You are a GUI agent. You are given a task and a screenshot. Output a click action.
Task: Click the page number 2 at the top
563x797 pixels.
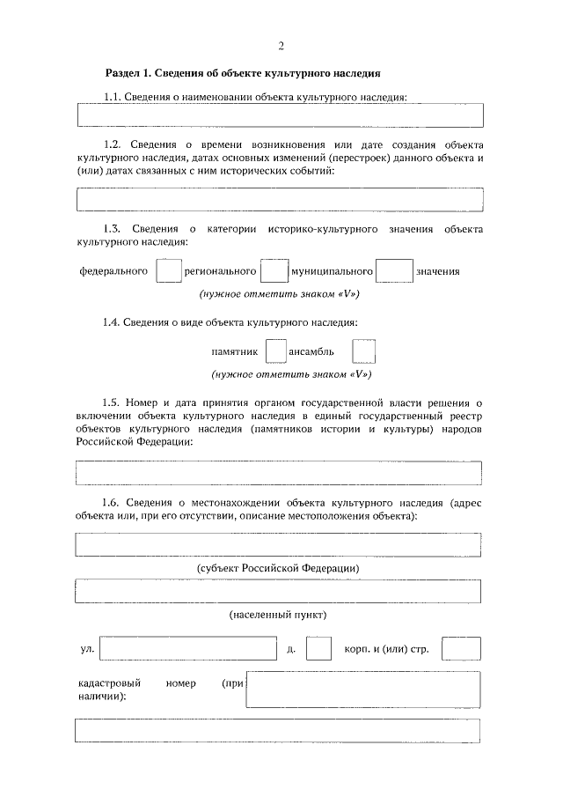281,46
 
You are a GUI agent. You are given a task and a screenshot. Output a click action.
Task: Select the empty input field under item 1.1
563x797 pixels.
280,116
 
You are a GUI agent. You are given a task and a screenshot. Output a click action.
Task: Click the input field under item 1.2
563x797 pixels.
280,200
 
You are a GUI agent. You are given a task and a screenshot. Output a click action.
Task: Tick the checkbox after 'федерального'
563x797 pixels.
168,271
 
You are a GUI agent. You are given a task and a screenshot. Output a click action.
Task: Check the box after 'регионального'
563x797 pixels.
275,271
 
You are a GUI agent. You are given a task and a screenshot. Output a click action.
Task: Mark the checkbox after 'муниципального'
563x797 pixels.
394,271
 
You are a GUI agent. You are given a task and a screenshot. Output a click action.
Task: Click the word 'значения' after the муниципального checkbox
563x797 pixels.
438,272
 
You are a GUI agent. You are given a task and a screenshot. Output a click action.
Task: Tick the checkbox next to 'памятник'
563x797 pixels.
275,351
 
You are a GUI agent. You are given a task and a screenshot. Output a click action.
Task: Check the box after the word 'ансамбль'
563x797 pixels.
363,351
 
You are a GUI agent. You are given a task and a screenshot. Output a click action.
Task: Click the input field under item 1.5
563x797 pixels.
280,474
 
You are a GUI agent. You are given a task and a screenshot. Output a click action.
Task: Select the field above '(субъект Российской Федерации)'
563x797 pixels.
280,546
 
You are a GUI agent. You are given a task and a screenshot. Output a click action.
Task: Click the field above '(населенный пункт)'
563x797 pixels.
280,591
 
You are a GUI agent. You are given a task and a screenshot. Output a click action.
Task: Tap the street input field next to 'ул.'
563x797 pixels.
189,649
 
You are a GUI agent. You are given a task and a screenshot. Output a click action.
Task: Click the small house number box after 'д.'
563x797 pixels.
318,649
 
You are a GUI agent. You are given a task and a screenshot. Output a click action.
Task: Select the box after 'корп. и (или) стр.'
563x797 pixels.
461,649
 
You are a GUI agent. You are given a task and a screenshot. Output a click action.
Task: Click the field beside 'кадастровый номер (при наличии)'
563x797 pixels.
363,690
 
